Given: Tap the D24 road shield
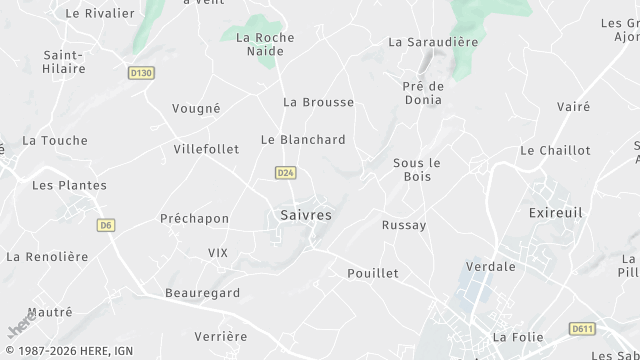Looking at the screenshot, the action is point(285,173).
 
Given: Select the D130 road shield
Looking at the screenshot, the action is point(141,72).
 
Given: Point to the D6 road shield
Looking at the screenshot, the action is point(106,225).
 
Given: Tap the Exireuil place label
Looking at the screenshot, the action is point(555,213).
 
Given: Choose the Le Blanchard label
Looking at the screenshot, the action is point(303,140).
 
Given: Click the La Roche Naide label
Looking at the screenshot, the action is point(265,44).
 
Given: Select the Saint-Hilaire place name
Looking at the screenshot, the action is point(64,61).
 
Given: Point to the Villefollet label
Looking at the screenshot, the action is point(206,149).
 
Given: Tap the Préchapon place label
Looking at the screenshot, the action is point(194,218).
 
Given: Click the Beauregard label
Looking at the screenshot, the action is point(203,292).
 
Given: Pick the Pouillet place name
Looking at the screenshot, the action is point(372,273).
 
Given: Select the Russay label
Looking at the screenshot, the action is point(404,225).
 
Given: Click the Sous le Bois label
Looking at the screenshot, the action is point(417,170).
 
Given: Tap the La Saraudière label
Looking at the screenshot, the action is point(433,42).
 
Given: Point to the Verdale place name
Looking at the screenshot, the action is point(491,266).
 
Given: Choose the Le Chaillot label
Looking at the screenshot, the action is point(555,150).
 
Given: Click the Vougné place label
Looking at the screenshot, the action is point(196,108).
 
